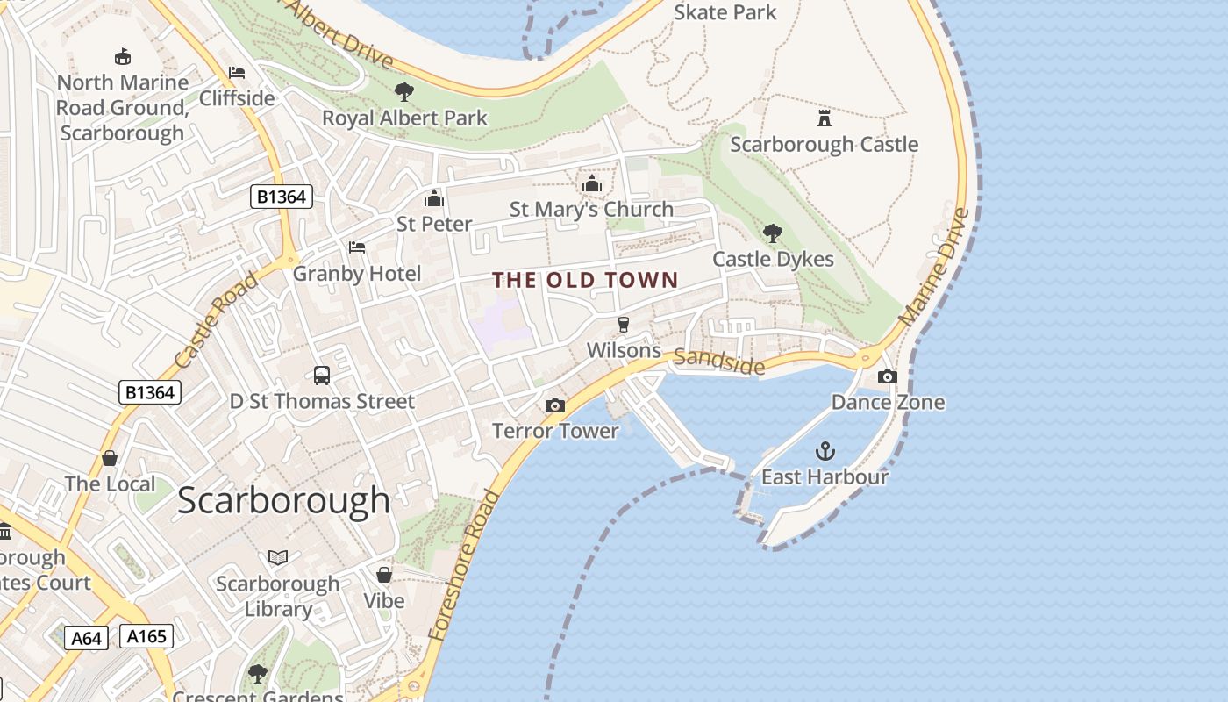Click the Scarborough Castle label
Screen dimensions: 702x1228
pyautogui.click(x=824, y=145)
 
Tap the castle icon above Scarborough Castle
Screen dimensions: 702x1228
pyautogui.click(x=824, y=118)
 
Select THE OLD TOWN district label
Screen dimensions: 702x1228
pyautogui.click(x=585, y=281)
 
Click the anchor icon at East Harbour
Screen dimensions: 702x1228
pyautogui.click(x=825, y=452)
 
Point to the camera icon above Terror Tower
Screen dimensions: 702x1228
pyautogui.click(x=554, y=405)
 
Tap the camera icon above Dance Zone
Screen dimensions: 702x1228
pyautogui.click(x=888, y=376)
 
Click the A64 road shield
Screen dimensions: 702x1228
pyautogui.click(x=86, y=638)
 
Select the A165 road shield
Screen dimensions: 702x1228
pyautogui.click(x=146, y=636)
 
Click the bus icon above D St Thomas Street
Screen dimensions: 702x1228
pyautogui.click(x=322, y=376)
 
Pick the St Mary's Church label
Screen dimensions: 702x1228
pyautogui.click(x=591, y=210)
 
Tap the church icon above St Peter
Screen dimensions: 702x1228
pyautogui.click(x=434, y=198)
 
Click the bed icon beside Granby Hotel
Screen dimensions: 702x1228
pyautogui.click(x=357, y=247)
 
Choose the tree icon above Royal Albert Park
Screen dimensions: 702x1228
pyautogui.click(x=404, y=91)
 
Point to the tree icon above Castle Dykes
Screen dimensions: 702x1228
pyautogui.click(x=773, y=233)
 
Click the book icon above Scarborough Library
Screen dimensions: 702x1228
pyautogui.click(x=278, y=557)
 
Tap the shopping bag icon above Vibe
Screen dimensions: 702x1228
pyautogui.click(x=384, y=575)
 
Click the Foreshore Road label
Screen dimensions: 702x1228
pyautogui.click(x=464, y=564)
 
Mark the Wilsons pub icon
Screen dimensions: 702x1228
pyautogui.click(x=624, y=325)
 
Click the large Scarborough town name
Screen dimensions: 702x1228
pyautogui.click(x=283, y=500)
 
